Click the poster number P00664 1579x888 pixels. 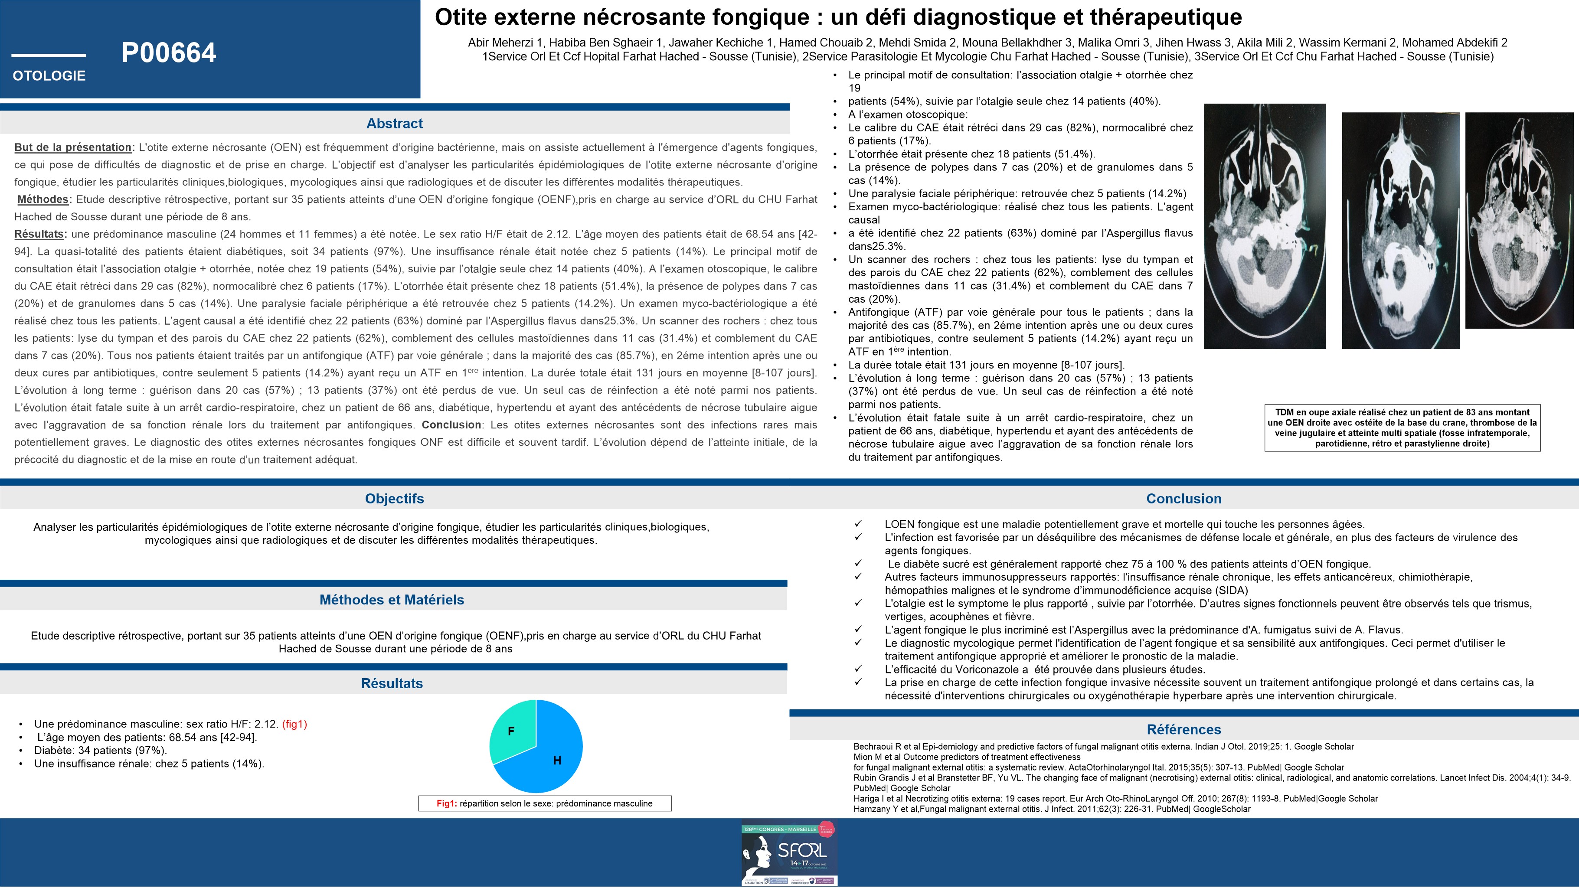click(x=169, y=53)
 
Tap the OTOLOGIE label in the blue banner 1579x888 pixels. click(x=49, y=76)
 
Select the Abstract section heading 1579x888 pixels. click(x=394, y=123)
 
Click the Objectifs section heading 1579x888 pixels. click(x=394, y=498)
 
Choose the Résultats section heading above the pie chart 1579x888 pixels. click(x=392, y=683)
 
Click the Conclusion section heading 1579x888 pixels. click(x=1183, y=498)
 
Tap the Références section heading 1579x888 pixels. click(x=1183, y=729)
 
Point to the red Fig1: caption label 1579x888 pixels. click(x=446, y=803)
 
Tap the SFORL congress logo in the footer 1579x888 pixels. click(x=789, y=852)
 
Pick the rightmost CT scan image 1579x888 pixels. click(x=1519, y=221)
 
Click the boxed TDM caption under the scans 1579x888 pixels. click(x=1402, y=428)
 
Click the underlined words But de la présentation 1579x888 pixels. click(x=73, y=147)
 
